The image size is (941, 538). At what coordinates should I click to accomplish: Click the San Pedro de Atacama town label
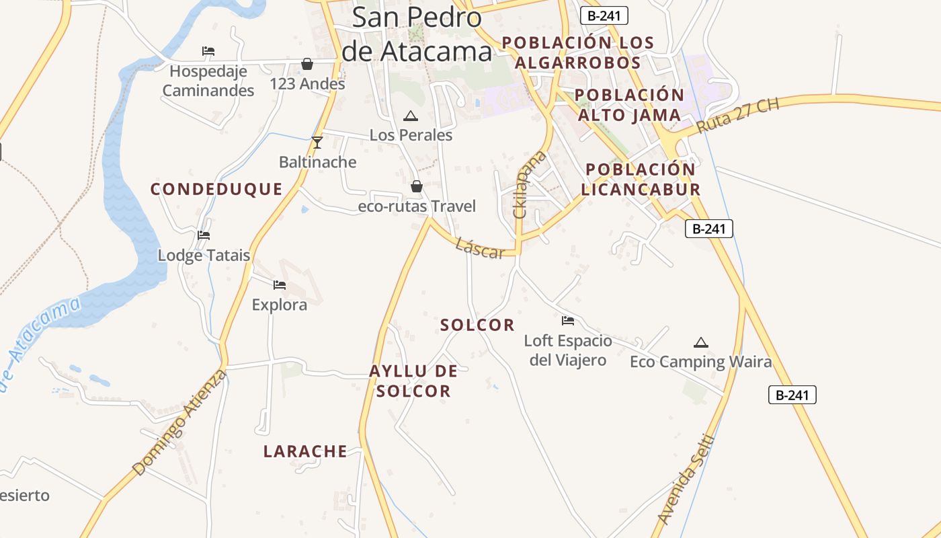pos(417,34)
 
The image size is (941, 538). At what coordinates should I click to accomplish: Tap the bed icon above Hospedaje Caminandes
pos(208,51)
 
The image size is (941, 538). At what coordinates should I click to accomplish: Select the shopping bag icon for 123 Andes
pos(307,64)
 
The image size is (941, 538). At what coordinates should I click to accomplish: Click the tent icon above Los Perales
pos(410,116)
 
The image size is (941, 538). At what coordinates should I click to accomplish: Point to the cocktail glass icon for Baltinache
pos(317,143)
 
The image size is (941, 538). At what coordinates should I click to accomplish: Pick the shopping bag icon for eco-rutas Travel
pos(417,186)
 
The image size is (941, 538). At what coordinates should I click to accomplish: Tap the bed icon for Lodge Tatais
pos(204,235)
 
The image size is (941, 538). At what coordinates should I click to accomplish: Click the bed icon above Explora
pos(280,285)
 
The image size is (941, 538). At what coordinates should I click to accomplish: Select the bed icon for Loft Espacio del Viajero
pos(568,321)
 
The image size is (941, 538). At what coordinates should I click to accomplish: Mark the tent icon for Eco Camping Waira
pos(701,342)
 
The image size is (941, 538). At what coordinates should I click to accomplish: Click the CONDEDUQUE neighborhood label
pos(216,189)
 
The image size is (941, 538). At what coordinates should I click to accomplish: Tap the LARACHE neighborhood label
pos(305,451)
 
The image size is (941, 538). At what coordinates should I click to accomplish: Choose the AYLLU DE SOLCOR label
pos(413,381)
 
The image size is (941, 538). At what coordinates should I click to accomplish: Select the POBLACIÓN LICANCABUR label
pos(641,179)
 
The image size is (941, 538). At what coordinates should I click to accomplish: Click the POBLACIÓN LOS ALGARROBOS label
pos(578,52)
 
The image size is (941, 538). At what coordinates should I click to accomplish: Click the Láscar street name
pos(479,248)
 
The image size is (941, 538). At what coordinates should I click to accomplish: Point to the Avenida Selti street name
pos(685,479)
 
